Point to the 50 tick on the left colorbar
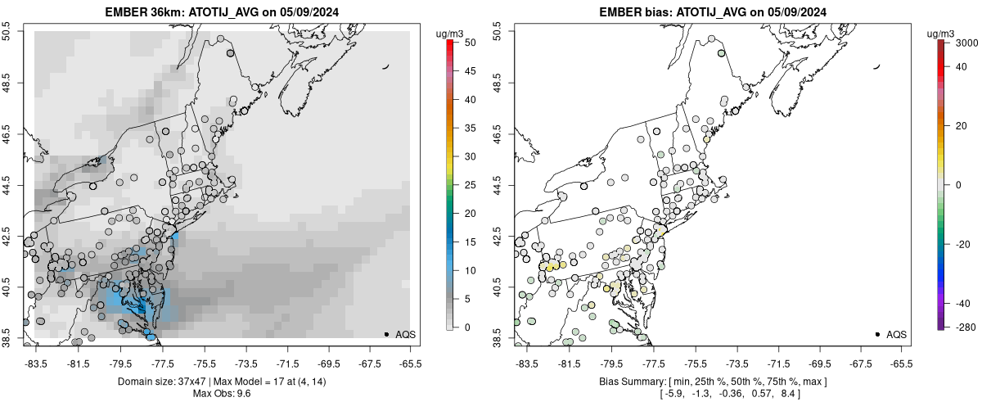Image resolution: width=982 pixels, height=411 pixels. pyautogui.click(x=465, y=43)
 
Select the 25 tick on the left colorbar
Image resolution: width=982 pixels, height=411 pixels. pyautogui.click(x=465, y=184)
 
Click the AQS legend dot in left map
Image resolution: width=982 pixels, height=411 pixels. pyautogui.click(x=386, y=334)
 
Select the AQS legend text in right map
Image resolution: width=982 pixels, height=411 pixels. pyautogui.click(x=897, y=334)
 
